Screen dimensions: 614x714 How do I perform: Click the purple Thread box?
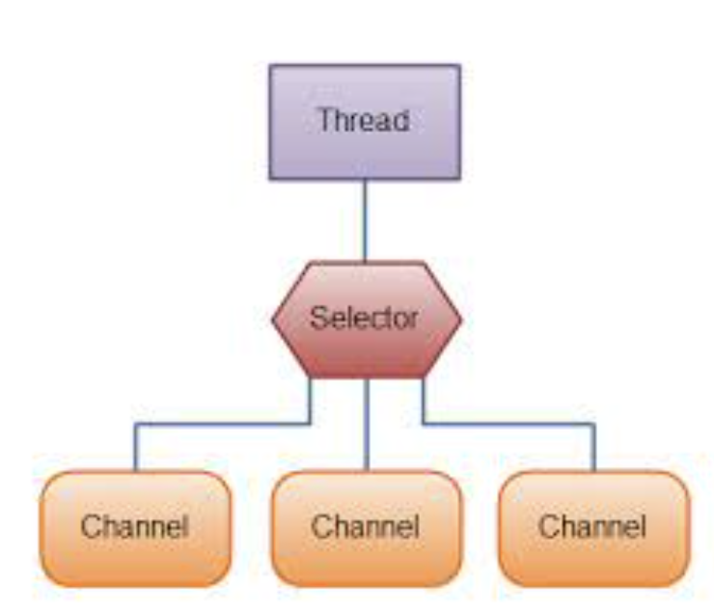[x=365, y=122]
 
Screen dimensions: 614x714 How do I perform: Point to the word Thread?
[x=365, y=122]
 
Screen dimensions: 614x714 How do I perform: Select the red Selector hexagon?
[x=367, y=320]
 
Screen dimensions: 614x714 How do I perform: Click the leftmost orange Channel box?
[x=135, y=528]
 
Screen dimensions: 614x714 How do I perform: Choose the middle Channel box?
[x=365, y=528]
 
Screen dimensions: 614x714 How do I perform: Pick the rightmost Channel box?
[x=593, y=528]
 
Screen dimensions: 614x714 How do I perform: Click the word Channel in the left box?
[x=135, y=528]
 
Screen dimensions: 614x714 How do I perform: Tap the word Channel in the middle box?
[x=365, y=528]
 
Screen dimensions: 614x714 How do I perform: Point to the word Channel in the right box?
[x=593, y=528]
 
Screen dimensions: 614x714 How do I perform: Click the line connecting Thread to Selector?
[x=365, y=221]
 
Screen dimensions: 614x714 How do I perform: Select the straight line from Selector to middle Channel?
[x=365, y=424]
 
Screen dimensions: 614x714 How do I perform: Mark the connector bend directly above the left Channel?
[x=135, y=424]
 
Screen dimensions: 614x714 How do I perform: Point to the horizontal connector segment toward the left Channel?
[x=222, y=424]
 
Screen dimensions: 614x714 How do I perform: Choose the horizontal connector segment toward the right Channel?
[x=508, y=424]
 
